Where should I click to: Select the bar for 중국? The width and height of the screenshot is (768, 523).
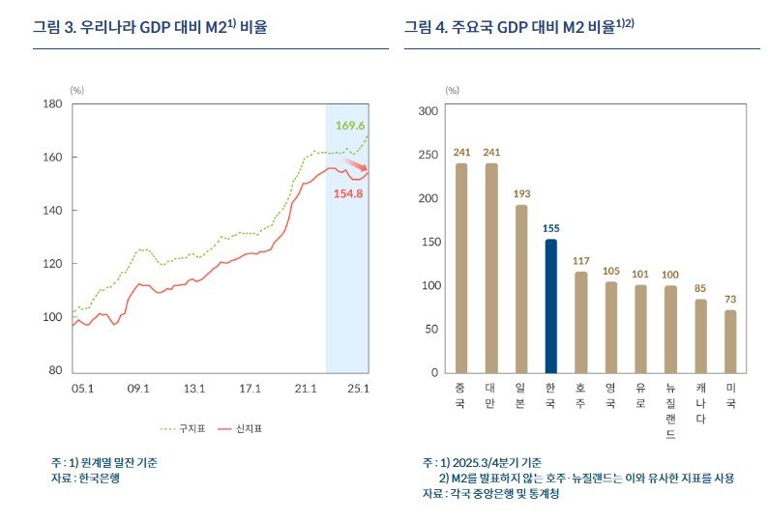(x=461, y=268)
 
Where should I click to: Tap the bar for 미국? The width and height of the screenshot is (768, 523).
(x=730, y=341)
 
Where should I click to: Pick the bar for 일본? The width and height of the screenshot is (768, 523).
(x=521, y=289)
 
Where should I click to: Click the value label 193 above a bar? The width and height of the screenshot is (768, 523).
(x=521, y=194)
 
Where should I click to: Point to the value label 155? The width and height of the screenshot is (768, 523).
(x=550, y=228)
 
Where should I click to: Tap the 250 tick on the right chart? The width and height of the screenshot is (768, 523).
(x=427, y=155)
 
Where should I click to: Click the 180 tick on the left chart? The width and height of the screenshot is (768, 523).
(x=53, y=103)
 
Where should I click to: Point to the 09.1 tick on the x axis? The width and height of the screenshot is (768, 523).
(x=138, y=389)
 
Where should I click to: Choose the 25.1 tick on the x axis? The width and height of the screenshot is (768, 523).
(x=359, y=389)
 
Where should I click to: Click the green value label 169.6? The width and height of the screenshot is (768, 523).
(x=350, y=126)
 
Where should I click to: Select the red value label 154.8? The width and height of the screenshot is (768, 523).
(x=348, y=193)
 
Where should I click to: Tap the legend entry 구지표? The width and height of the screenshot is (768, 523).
(x=185, y=428)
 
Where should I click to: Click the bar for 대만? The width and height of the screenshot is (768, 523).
(x=491, y=268)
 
